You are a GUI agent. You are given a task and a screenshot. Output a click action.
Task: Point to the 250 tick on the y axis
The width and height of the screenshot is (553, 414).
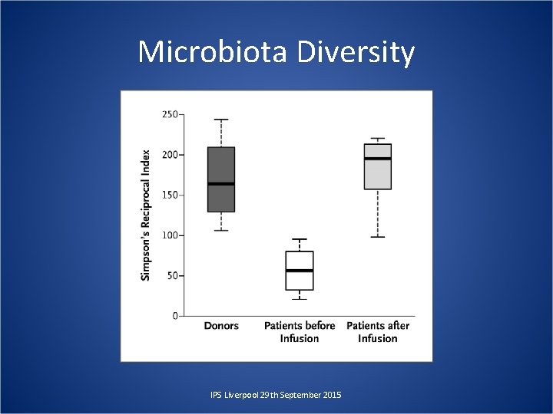(169, 114)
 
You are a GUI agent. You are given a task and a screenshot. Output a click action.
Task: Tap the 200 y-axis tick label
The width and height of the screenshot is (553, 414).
(169, 155)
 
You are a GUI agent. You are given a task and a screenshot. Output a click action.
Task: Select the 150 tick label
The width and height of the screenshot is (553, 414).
(169, 195)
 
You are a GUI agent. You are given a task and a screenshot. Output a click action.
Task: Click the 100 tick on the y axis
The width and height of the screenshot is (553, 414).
(169, 235)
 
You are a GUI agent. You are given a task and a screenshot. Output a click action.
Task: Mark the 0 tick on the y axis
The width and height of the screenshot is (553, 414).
(175, 316)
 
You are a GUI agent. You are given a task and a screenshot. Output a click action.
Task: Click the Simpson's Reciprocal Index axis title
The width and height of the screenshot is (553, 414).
(146, 214)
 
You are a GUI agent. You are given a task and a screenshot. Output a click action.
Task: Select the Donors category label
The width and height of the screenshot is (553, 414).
(221, 326)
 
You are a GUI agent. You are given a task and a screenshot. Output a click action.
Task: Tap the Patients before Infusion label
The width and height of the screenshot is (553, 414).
(300, 332)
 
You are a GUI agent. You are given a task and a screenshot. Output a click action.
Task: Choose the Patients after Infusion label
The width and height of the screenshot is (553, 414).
(378, 332)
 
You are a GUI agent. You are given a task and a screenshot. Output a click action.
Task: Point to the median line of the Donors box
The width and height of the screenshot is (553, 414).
(221, 184)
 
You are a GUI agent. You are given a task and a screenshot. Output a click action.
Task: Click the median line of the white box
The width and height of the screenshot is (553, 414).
(300, 271)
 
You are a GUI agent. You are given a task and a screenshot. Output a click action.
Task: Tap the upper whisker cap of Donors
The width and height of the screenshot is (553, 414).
(221, 120)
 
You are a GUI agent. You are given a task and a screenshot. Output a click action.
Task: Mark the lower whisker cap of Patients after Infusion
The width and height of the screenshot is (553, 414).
(378, 237)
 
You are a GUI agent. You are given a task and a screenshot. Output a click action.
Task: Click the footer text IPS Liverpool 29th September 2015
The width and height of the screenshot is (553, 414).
(276, 394)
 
